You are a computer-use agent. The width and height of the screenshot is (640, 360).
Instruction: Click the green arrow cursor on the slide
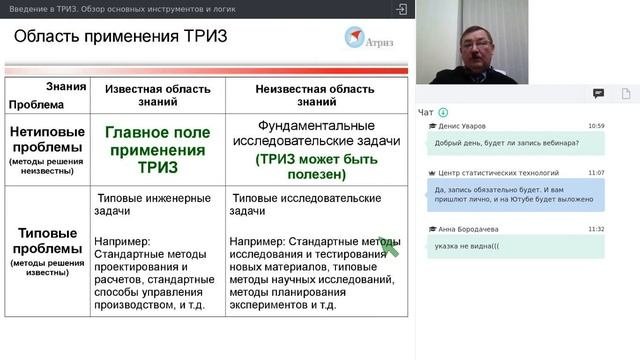[x=388, y=246]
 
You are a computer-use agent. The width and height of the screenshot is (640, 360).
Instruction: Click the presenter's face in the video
[x=471, y=46]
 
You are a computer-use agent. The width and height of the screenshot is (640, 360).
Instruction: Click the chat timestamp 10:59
[x=596, y=126]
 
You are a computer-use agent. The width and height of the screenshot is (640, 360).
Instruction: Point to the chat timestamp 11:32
[x=596, y=229]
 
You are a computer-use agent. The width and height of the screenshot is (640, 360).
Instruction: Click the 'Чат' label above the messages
[x=426, y=112]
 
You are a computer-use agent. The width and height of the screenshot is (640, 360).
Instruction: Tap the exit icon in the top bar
[x=401, y=8]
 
